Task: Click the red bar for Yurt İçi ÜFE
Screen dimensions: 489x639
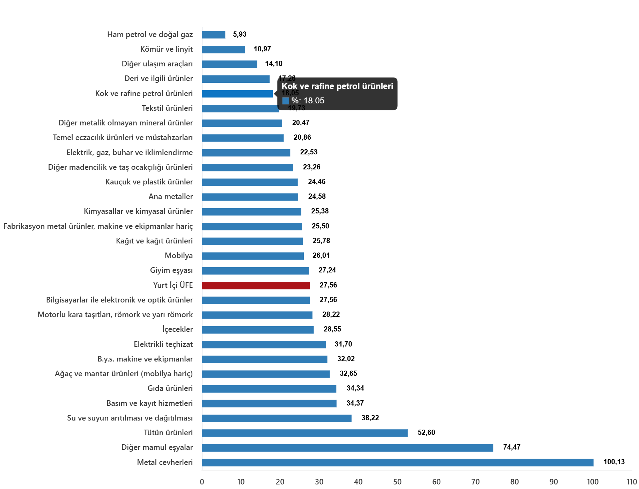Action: click(x=256, y=286)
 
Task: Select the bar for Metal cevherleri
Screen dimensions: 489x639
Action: click(x=398, y=462)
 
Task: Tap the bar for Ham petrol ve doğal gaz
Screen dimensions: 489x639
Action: click(x=214, y=35)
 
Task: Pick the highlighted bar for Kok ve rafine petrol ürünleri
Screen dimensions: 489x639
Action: click(x=237, y=94)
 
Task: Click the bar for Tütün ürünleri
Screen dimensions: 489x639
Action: click(x=305, y=433)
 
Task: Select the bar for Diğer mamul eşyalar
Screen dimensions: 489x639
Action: click(x=347, y=448)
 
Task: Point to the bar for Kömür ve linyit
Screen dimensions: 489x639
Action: click(x=223, y=50)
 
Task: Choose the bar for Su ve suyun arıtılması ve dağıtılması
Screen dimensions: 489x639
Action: click(x=277, y=418)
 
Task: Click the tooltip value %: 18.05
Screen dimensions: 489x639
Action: click(x=308, y=101)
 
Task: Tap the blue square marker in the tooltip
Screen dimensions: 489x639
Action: click(x=286, y=101)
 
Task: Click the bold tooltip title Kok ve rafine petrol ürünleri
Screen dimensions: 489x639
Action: click(x=337, y=86)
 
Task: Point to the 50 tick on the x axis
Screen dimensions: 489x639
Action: click(x=397, y=482)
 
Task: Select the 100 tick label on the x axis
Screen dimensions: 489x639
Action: click(x=593, y=482)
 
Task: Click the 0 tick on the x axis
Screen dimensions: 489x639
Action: click(x=202, y=482)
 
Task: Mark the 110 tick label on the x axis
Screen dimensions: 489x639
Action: click(x=632, y=482)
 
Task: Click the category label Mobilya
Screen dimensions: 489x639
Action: click(x=179, y=256)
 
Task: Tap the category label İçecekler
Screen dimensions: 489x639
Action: click(x=177, y=329)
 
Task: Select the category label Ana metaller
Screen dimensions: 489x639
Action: click(x=170, y=197)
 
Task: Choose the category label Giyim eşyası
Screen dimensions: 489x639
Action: click(x=171, y=270)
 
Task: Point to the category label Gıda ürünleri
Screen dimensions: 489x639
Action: click(x=170, y=388)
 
